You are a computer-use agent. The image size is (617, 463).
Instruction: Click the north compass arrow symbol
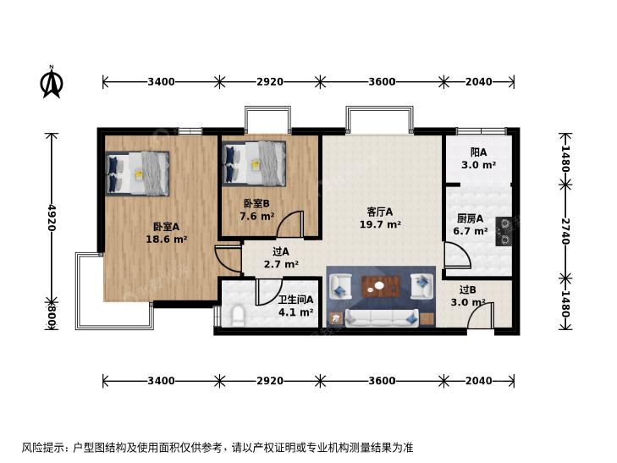click(x=52, y=82)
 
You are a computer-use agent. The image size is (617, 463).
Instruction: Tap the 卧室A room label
click(x=166, y=227)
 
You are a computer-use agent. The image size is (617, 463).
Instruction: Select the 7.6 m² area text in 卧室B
click(x=257, y=216)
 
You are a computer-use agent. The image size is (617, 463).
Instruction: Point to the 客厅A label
click(x=380, y=212)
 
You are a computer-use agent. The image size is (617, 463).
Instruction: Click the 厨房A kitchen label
click(x=471, y=218)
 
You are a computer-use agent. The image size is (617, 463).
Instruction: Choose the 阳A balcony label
click(x=478, y=152)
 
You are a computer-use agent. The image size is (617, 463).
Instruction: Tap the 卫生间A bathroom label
click(x=295, y=300)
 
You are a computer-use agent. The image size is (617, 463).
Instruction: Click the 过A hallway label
click(x=281, y=251)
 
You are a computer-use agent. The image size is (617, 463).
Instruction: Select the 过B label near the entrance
click(x=467, y=290)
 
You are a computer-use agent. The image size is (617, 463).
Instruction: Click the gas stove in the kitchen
click(x=504, y=231)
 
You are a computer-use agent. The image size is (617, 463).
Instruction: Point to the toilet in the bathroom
click(x=238, y=317)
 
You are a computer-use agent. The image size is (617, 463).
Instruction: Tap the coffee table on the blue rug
click(x=381, y=286)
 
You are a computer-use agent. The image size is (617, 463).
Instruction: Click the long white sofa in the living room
click(x=382, y=318)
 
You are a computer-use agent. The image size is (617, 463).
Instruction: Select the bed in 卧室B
click(x=254, y=163)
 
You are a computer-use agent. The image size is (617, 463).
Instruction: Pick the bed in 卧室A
click(x=137, y=173)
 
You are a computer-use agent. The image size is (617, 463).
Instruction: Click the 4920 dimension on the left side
click(x=51, y=218)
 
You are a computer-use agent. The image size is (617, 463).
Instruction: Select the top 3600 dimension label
click(x=382, y=82)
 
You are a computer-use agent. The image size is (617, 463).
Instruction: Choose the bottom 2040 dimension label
click(x=479, y=381)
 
